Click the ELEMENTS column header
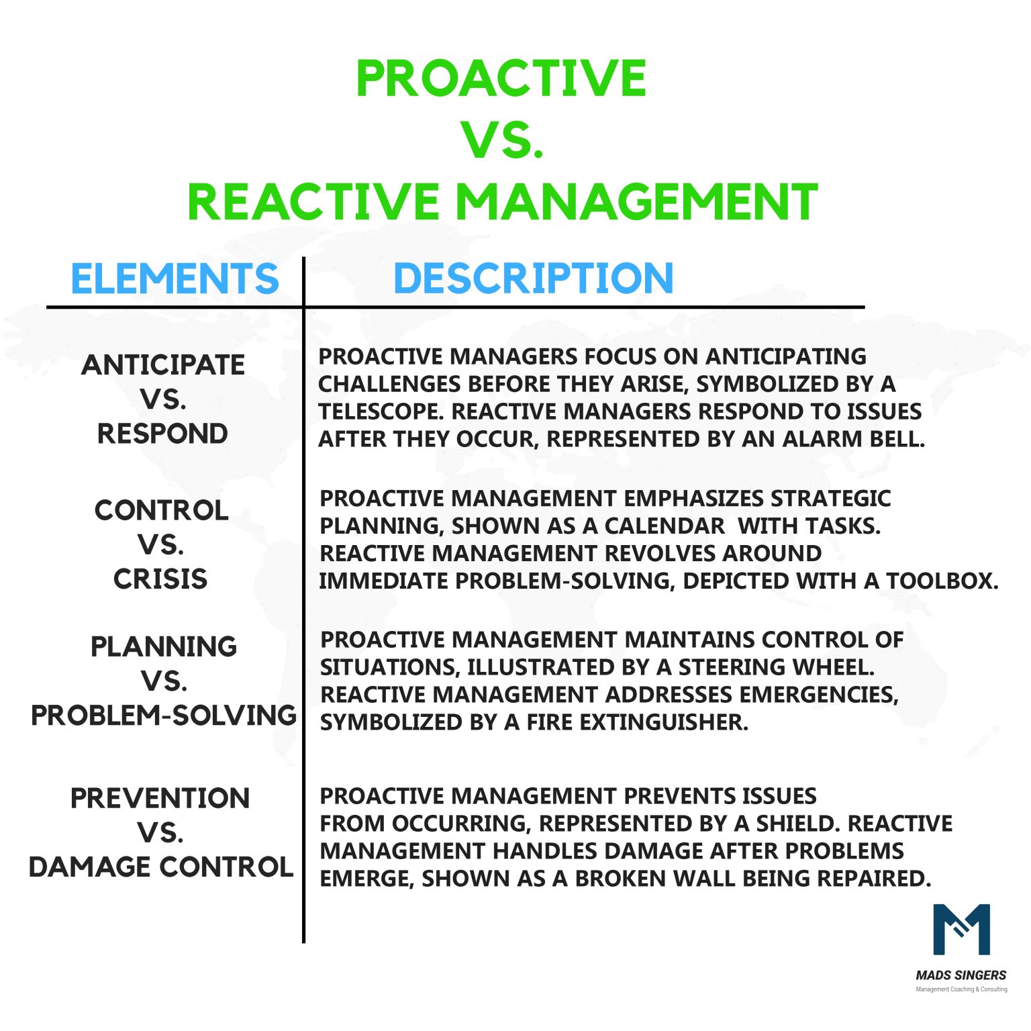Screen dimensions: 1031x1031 [175, 279]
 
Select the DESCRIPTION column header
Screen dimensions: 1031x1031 [533, 279]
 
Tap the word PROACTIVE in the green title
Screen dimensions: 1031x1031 [501, 79]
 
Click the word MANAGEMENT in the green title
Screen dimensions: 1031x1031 [636, 202]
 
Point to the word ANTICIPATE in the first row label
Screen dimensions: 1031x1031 [163, 365]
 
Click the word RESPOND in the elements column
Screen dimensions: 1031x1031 [162, 434]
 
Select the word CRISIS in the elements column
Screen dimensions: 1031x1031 [160, 579]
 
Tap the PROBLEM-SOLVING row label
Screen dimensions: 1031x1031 [164, 716]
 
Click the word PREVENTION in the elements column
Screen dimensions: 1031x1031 [160, 799]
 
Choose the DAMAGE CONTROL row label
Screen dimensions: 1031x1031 [161, 867]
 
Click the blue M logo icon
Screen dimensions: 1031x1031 [961, 930]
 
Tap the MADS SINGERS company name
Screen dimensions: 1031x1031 [961, 975]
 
